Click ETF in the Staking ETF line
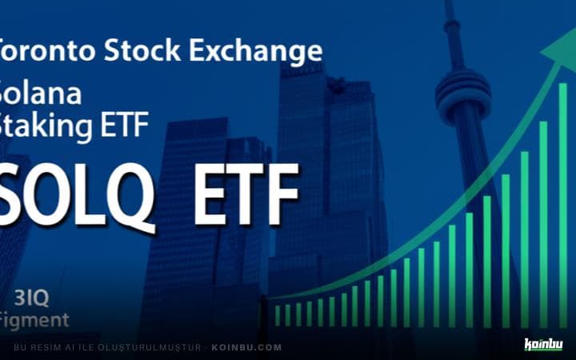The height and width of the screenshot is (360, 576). (130, 127)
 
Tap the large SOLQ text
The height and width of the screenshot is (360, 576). (76, 195)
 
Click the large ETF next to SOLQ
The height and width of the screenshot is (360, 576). (245, 195)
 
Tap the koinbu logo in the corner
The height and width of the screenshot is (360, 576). (543, 345)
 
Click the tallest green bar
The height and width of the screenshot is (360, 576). (562, 208)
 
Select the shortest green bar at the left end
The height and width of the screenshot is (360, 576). (278, 314)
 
